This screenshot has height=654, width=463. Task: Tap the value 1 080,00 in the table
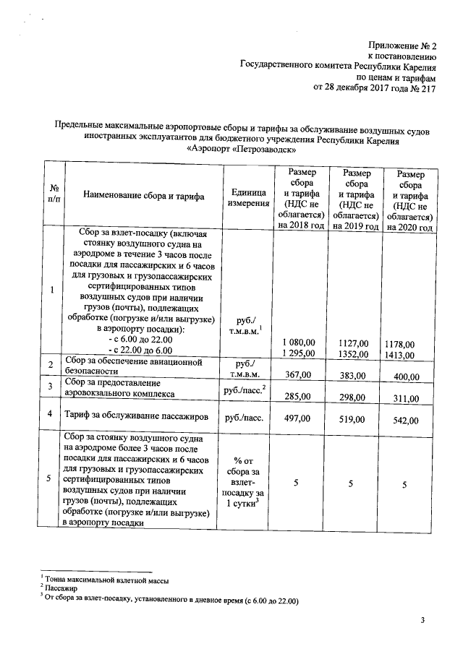click(x=299, y=342)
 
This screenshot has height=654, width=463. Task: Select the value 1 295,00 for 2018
click(x=299, y=353)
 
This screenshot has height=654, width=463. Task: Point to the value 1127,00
click(x=353, y=343)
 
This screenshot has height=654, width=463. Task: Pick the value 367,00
click(x=299, y=374)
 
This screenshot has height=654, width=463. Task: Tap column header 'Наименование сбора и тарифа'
click(x=144, y=196)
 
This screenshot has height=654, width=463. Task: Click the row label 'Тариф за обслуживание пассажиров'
click(x=137, y=417)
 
